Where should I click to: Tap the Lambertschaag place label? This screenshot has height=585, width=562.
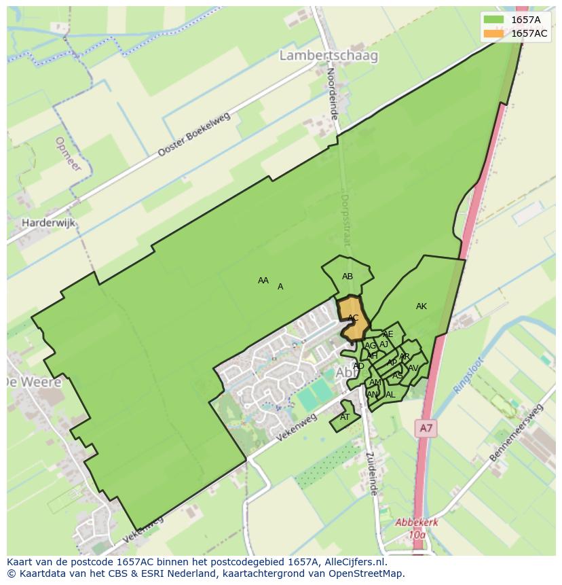coord(329,56)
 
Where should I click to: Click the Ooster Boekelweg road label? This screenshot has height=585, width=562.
coord(194,135)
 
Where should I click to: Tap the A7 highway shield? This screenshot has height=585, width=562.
coord(426,428)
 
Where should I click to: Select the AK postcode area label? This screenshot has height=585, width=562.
coord(421,306)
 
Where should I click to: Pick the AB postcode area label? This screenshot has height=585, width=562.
coord(348,277)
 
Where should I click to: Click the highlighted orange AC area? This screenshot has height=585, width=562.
coord(353,318)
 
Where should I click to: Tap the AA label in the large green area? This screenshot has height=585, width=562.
coord(263,280)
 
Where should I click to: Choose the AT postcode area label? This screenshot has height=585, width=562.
coord(345,417)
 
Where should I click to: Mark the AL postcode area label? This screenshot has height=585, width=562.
coord(390,395)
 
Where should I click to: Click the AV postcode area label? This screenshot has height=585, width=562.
coord(413,368)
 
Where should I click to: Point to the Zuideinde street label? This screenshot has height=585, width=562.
coord(371,474)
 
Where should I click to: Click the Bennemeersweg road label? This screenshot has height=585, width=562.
coord(517,433)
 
